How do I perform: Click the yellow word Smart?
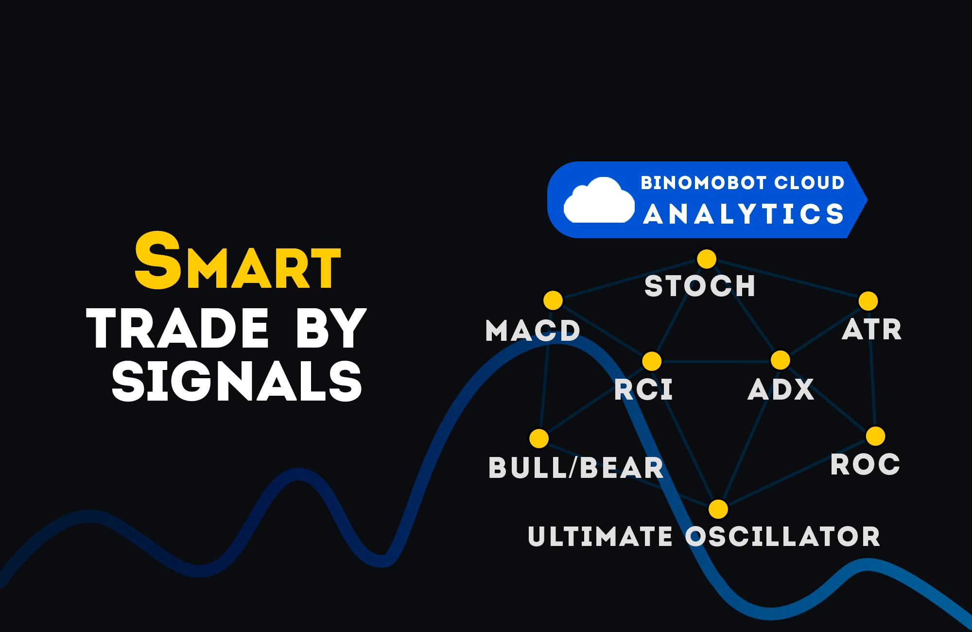237,261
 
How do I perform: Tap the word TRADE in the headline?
180,330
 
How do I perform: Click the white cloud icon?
599,200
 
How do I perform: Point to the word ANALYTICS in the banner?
744,214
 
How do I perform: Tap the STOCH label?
700,285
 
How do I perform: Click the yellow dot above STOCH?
707,259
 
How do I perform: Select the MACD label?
533,331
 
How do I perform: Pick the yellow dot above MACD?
553,300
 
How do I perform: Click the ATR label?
872,330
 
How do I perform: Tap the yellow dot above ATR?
868,301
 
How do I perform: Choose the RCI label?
643,389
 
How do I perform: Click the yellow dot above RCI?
652,361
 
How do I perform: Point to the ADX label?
781,389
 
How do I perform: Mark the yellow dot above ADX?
781,360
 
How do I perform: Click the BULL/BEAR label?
576,468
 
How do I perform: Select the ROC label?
865,464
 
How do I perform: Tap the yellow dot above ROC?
876,436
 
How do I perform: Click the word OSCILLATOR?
782,536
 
